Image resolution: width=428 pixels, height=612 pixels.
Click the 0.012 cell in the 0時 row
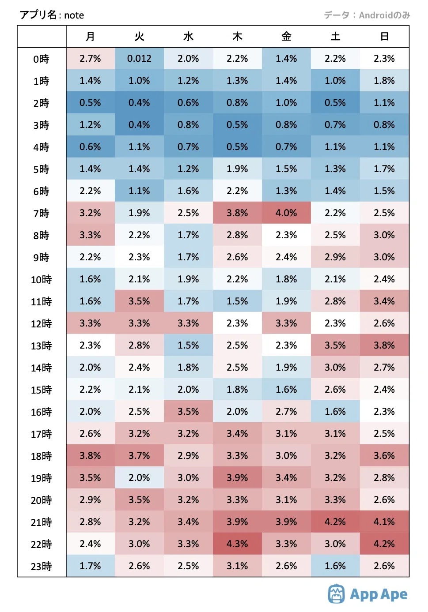[x=139, y=59]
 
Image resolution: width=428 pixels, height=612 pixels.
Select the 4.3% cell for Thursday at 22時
[x=237, y=544]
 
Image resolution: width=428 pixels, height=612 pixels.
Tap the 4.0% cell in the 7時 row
[x=286, y=213]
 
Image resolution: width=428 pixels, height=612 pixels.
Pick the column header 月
[x=90, y=36]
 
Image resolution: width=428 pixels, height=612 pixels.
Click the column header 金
[x=286, y=36]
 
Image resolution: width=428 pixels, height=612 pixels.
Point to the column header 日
[x=385, y=36]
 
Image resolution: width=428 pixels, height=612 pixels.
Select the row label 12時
[x=41, y=324]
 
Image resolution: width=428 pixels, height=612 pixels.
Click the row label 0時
[x=41, y=59]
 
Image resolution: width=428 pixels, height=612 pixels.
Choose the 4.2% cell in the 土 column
[x=335, y=522]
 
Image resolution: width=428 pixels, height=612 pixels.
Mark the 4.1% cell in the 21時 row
[x=385, y=522]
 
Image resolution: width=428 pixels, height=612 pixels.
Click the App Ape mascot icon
[x=337, y=594]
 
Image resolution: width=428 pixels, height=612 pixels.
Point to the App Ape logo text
[x=379, y=595]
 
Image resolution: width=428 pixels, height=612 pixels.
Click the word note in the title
[x=74, y=15]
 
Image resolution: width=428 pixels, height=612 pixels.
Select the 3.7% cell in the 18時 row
[x=139, y=455]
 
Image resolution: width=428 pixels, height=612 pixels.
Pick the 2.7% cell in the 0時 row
[x=90, y=59]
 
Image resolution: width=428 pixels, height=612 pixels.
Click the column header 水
[x=188, y=36]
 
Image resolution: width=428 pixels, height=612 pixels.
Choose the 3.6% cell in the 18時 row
[x=385, y=455]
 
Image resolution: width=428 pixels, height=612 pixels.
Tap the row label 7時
[x=41, y=214]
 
